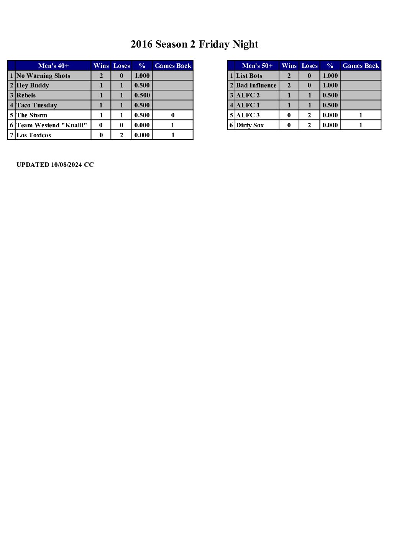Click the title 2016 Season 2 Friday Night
pyautogui.click(x=194, y=44)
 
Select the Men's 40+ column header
pyautogui.click(x=53, y=66)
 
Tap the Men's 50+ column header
pyautogui.click(x=257, y=66)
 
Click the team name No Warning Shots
pyautogui.click(x=43, y=76)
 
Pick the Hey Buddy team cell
pyautogui.click(x=33, y=86)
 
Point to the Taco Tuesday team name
pyautogui.click(x=37, y=105)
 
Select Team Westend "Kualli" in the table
pyautogui.click(x=52, y=125)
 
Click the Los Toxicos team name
pyautogui.click(x=34, y=135)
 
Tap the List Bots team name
pyautogui.click(x=249, y=76)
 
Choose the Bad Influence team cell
pyautogui.click(x=256, y=86)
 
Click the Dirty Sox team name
pyautogui.click(x=250, y=125)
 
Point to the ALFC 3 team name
pyautogui.click(x=248, y=115)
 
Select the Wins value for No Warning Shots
pyautogui.click(x=101, y=76)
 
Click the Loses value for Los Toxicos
pyautogui.click(x=121, y=135)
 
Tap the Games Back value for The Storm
pyautogui.click(x=173, y=115)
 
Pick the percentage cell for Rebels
pyautogui.click(x=142, y=95)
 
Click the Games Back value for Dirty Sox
pyautogui.click(x=361, y=125)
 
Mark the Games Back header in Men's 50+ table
pyautogui.click(x=361, y=66)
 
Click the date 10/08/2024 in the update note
pyautogui.click(x=66, y=165)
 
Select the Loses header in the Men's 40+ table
pyautogui.click(x=121, y=66)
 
